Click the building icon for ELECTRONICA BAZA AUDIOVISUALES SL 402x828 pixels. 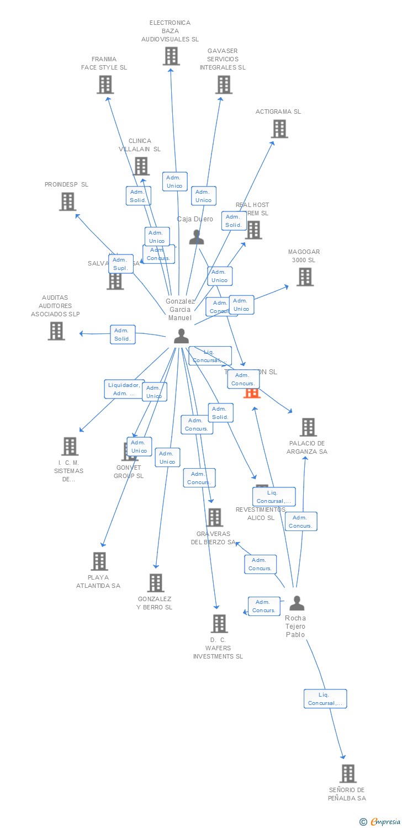pyautogui.click(x=171, y=56)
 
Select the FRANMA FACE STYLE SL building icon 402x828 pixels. pyautogui.click(x=105, y=84)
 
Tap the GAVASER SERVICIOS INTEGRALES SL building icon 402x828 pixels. pyautogui.click(x=224, y=84)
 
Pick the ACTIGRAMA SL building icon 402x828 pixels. pyautogui.click(x=279, y=129)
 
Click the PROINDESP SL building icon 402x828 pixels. pyautogui.click(x=67, y=201)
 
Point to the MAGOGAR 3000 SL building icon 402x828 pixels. pyautogui.click(x=305, y=277)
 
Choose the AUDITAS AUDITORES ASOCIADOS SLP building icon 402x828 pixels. pyautogui.click(x=56, y=331)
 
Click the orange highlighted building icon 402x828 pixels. pyautogui.click(x=252, y=392)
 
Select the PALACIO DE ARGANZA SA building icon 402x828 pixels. pyautogui.click(x=308, y=427)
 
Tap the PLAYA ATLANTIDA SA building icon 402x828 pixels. pyautogui.click(x=99, y=561)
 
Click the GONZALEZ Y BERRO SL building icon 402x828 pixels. pyautogui.click(x=156, y=582)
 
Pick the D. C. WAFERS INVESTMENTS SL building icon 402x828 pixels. pyautogui.click(x=219, y=623)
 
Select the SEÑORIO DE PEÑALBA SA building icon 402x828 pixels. pyautogui.click(x=347, y=773)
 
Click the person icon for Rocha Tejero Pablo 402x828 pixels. pyautogui.click(x=297, y=603)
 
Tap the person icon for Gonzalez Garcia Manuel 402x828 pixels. pyautogui.click(x=181, y=336)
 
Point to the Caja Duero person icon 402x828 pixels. pyautogui.click(x=197, y=237)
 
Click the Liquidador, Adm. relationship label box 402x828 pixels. pyautogui.click(x=124, y=389)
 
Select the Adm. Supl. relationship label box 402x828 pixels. pyautogui.click(x=121, y=264)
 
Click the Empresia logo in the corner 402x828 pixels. pyautogui.click(x=379, y=822)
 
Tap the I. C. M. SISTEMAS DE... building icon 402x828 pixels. pyautogui.click(x=70, y=446)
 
